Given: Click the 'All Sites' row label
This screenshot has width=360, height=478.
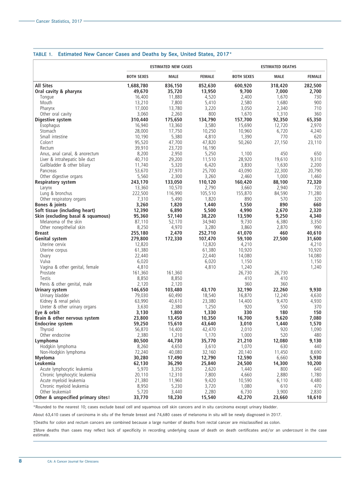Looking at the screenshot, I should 44,86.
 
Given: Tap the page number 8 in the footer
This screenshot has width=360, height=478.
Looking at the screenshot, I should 20,461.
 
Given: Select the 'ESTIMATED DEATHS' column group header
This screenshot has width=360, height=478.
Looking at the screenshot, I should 279,67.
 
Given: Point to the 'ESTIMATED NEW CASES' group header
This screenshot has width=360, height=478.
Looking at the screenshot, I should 171,67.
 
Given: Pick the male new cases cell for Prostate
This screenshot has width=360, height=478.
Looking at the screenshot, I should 174,273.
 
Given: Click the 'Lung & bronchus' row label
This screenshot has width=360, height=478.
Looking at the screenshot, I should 56,194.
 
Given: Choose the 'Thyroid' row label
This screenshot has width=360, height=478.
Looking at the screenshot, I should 47,330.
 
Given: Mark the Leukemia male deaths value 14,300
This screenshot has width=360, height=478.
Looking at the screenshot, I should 279,364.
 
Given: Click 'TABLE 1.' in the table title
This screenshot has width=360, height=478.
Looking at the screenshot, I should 43,54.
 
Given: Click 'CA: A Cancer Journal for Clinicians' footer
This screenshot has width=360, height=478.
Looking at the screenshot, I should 73,461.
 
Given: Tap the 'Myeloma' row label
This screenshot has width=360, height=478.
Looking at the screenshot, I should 45,358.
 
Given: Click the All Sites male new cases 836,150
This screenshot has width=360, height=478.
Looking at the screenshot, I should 174,86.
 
